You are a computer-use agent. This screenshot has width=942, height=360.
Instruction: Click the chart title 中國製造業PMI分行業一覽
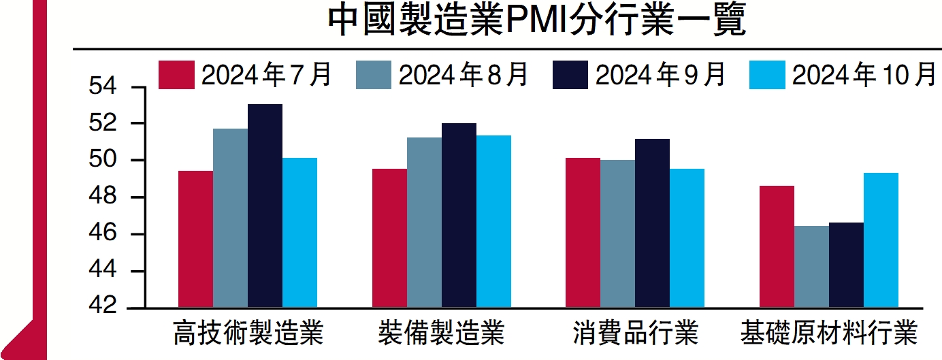pos(537,22)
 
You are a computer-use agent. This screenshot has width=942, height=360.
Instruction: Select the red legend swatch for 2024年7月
pos(176,75)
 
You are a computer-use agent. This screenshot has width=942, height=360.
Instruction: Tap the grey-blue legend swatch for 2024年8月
pos(374,75)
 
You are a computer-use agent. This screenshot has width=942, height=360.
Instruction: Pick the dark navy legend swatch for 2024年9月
pos(570,75)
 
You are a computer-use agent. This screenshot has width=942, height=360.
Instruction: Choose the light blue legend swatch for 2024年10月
pos(767,75)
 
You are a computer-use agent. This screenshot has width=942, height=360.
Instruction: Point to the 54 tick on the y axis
pos(103,88)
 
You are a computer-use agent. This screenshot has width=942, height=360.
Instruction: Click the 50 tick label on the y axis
pos(103,161)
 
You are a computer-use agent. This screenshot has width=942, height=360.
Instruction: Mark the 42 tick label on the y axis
pos(103,308)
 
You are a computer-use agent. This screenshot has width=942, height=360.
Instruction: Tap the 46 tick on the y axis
pos(103,235)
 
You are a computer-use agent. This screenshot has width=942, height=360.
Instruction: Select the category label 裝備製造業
pos(441,334)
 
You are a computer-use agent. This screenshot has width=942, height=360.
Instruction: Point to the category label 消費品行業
pos(635,334)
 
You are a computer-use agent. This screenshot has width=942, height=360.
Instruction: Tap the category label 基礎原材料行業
pos(829,334)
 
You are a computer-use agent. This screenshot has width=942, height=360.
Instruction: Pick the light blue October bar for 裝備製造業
pos(493,222)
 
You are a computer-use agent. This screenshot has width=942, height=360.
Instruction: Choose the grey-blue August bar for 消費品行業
pos(618,234)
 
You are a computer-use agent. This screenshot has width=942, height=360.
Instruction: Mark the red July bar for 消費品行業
pos(583,233)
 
